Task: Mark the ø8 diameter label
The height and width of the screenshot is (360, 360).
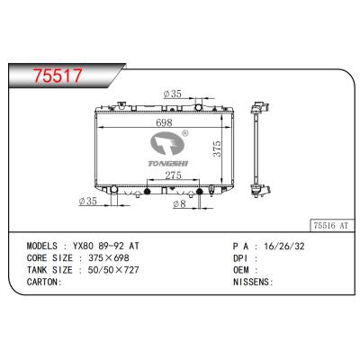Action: pos(179,204)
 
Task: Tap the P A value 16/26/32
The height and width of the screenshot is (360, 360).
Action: pos(279,244)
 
